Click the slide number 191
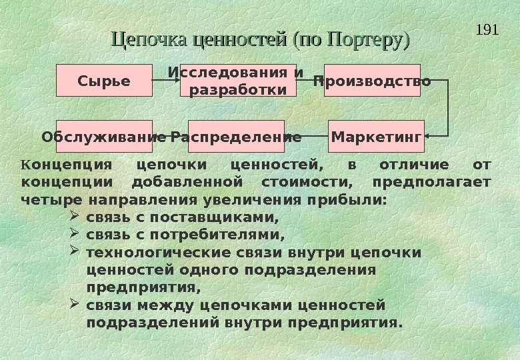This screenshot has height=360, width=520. tap(489, 30)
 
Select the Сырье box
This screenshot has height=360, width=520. tap(104, 81)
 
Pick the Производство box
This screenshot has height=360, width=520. tap(372, 81)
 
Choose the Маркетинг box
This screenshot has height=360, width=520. tap(376, 137)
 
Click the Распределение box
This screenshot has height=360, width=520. tap(236, 137)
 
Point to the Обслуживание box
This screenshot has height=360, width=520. tap(104, 137)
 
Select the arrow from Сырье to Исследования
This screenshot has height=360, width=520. tap(166, 81)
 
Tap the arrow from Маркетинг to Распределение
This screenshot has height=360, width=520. tap(307, 137)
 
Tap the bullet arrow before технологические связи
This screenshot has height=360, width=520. tap(75, 252)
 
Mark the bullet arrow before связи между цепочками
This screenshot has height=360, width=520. tap(75, 305)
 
